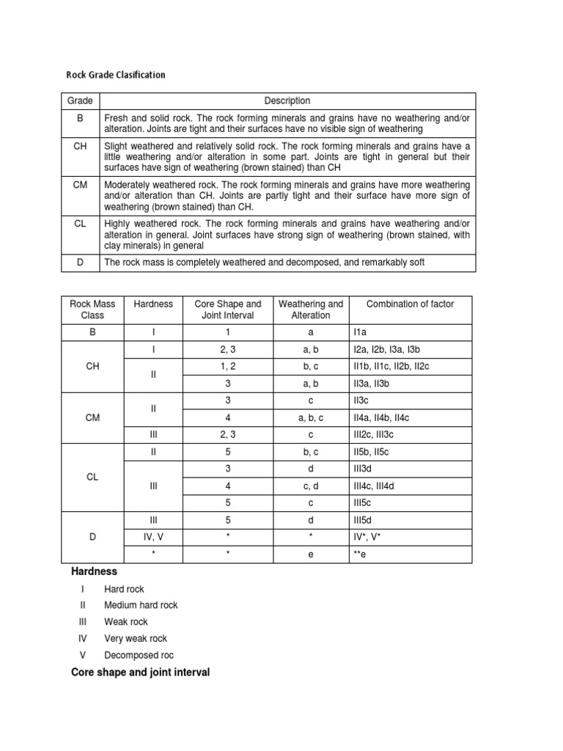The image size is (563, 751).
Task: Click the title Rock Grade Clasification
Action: click(x=116, y=75)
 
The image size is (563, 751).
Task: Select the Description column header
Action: click(x=287, y=100)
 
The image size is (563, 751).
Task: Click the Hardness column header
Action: click(x=153, y=304)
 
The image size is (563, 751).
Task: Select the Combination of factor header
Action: click(x=410, y=304)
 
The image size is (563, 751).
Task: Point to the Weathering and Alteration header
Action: click(x=311, y=309)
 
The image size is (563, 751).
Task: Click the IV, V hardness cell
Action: click(x=153, y=538)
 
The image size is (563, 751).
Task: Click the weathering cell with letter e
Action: click(x=311, y=556)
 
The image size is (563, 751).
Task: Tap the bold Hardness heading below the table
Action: click(x=94, y=571)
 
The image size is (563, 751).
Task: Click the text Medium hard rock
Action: click(x=141, y=605)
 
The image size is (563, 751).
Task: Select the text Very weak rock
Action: click(x=136, y=638)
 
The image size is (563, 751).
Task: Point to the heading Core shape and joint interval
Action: click(x=140, y=672)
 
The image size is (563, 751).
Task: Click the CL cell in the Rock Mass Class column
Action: click(x=92, y=477)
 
